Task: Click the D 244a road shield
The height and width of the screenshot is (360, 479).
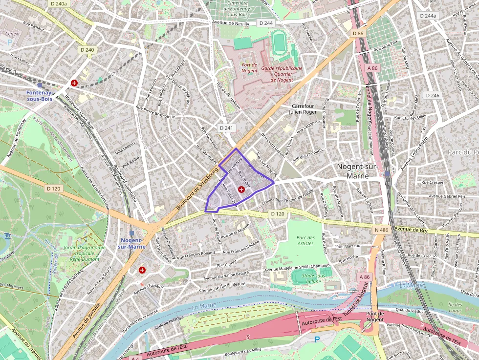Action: [x=429, y=16]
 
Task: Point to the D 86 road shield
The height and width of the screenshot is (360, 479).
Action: [x=357, y=33]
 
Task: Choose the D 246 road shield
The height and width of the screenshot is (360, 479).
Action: [x=432, y=96]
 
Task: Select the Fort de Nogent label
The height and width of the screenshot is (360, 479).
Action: [x=249, y=67]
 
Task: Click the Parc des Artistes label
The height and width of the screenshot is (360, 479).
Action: [x=305, y=240]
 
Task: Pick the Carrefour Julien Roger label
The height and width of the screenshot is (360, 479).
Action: [x=304, y=108]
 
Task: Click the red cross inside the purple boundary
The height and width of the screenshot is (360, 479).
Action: [x=241, y=189]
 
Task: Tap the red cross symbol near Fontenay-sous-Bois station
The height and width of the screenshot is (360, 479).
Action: [x=74, y=84]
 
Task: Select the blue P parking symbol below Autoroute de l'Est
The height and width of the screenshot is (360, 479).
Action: [x=317, y=339]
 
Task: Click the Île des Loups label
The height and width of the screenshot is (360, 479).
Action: [x=455, y=307]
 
